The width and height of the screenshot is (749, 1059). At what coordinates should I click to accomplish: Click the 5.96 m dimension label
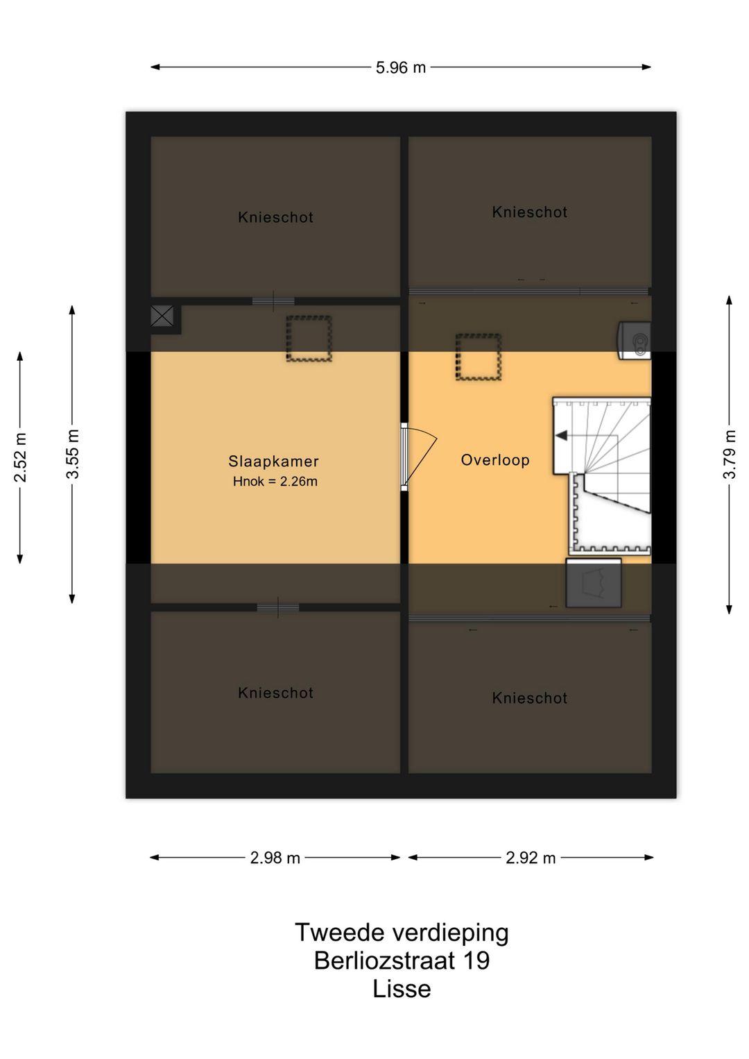[x=401, y=68]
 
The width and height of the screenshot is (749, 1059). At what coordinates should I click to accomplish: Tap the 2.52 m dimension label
[x=21, y=457]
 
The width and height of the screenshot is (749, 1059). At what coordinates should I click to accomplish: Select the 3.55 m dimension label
[x=73, y=454]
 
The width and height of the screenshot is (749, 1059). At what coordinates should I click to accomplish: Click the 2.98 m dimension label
[x=275, y=858]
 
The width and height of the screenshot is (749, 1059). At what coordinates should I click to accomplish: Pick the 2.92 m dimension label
[x=531, y=858]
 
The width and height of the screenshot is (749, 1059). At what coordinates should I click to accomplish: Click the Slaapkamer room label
[x=273, y=461]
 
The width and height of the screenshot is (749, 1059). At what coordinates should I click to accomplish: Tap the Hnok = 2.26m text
[x=275, y=482]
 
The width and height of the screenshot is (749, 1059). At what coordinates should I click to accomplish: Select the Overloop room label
[x=495, y=459]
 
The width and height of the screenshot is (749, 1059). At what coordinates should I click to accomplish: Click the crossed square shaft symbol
[x=162, y=316]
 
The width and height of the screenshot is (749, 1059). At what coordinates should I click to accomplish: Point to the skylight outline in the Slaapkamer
[x=309, y=339]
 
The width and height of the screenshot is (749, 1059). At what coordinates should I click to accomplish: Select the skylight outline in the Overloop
[x=479, y=357]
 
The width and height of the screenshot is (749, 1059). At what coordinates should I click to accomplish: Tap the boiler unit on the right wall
[x=635, y=341]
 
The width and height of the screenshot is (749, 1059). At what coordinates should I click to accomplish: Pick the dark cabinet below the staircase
[x=594, y=583]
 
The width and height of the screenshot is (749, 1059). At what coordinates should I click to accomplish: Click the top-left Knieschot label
[x=275, y=217]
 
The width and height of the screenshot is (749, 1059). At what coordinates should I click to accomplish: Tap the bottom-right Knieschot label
[x=530, y=698]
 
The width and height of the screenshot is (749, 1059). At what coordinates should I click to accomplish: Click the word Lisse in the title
[x=402, y=988]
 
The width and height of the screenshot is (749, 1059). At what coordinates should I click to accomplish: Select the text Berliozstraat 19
[x=402, y=960]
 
